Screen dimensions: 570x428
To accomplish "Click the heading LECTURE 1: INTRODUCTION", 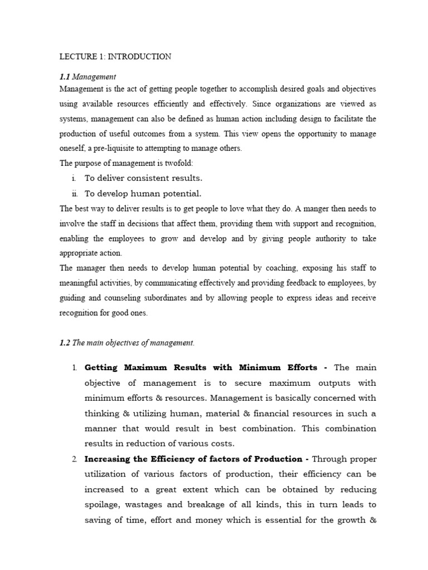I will [115, 57].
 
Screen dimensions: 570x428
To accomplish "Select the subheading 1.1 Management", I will [87, 77].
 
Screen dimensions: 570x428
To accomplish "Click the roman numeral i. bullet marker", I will [75, 179].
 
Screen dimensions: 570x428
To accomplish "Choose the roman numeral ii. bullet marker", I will [74, 194].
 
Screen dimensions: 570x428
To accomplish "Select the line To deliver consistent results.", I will [143, 179].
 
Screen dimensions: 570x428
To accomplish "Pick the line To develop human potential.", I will [143, 194].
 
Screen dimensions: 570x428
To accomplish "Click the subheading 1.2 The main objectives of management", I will [127, 343].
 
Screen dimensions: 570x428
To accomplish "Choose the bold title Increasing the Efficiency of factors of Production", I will [197, 459].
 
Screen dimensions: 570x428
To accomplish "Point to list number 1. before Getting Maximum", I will [74, 368].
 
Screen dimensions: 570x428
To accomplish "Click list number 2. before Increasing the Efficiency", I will [74, 459].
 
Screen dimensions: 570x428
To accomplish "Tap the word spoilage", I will [103, 505].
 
